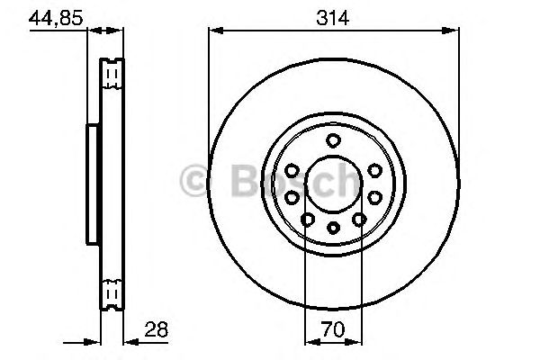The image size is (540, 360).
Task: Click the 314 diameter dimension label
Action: tap(332, 16)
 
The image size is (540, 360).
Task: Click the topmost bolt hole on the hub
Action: tap(332, 139)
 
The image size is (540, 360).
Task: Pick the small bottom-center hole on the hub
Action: tap(332, 228)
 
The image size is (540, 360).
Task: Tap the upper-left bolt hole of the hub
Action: tap(293, 170)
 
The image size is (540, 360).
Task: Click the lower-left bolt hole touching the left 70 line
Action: tap(308, 219)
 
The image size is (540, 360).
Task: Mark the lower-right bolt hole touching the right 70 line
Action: tap(358, 219)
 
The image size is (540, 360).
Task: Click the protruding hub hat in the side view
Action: tap(93, 184)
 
